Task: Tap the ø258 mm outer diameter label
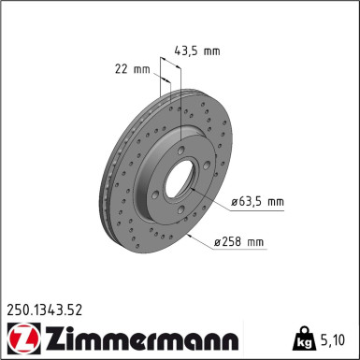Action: point(238,243)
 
